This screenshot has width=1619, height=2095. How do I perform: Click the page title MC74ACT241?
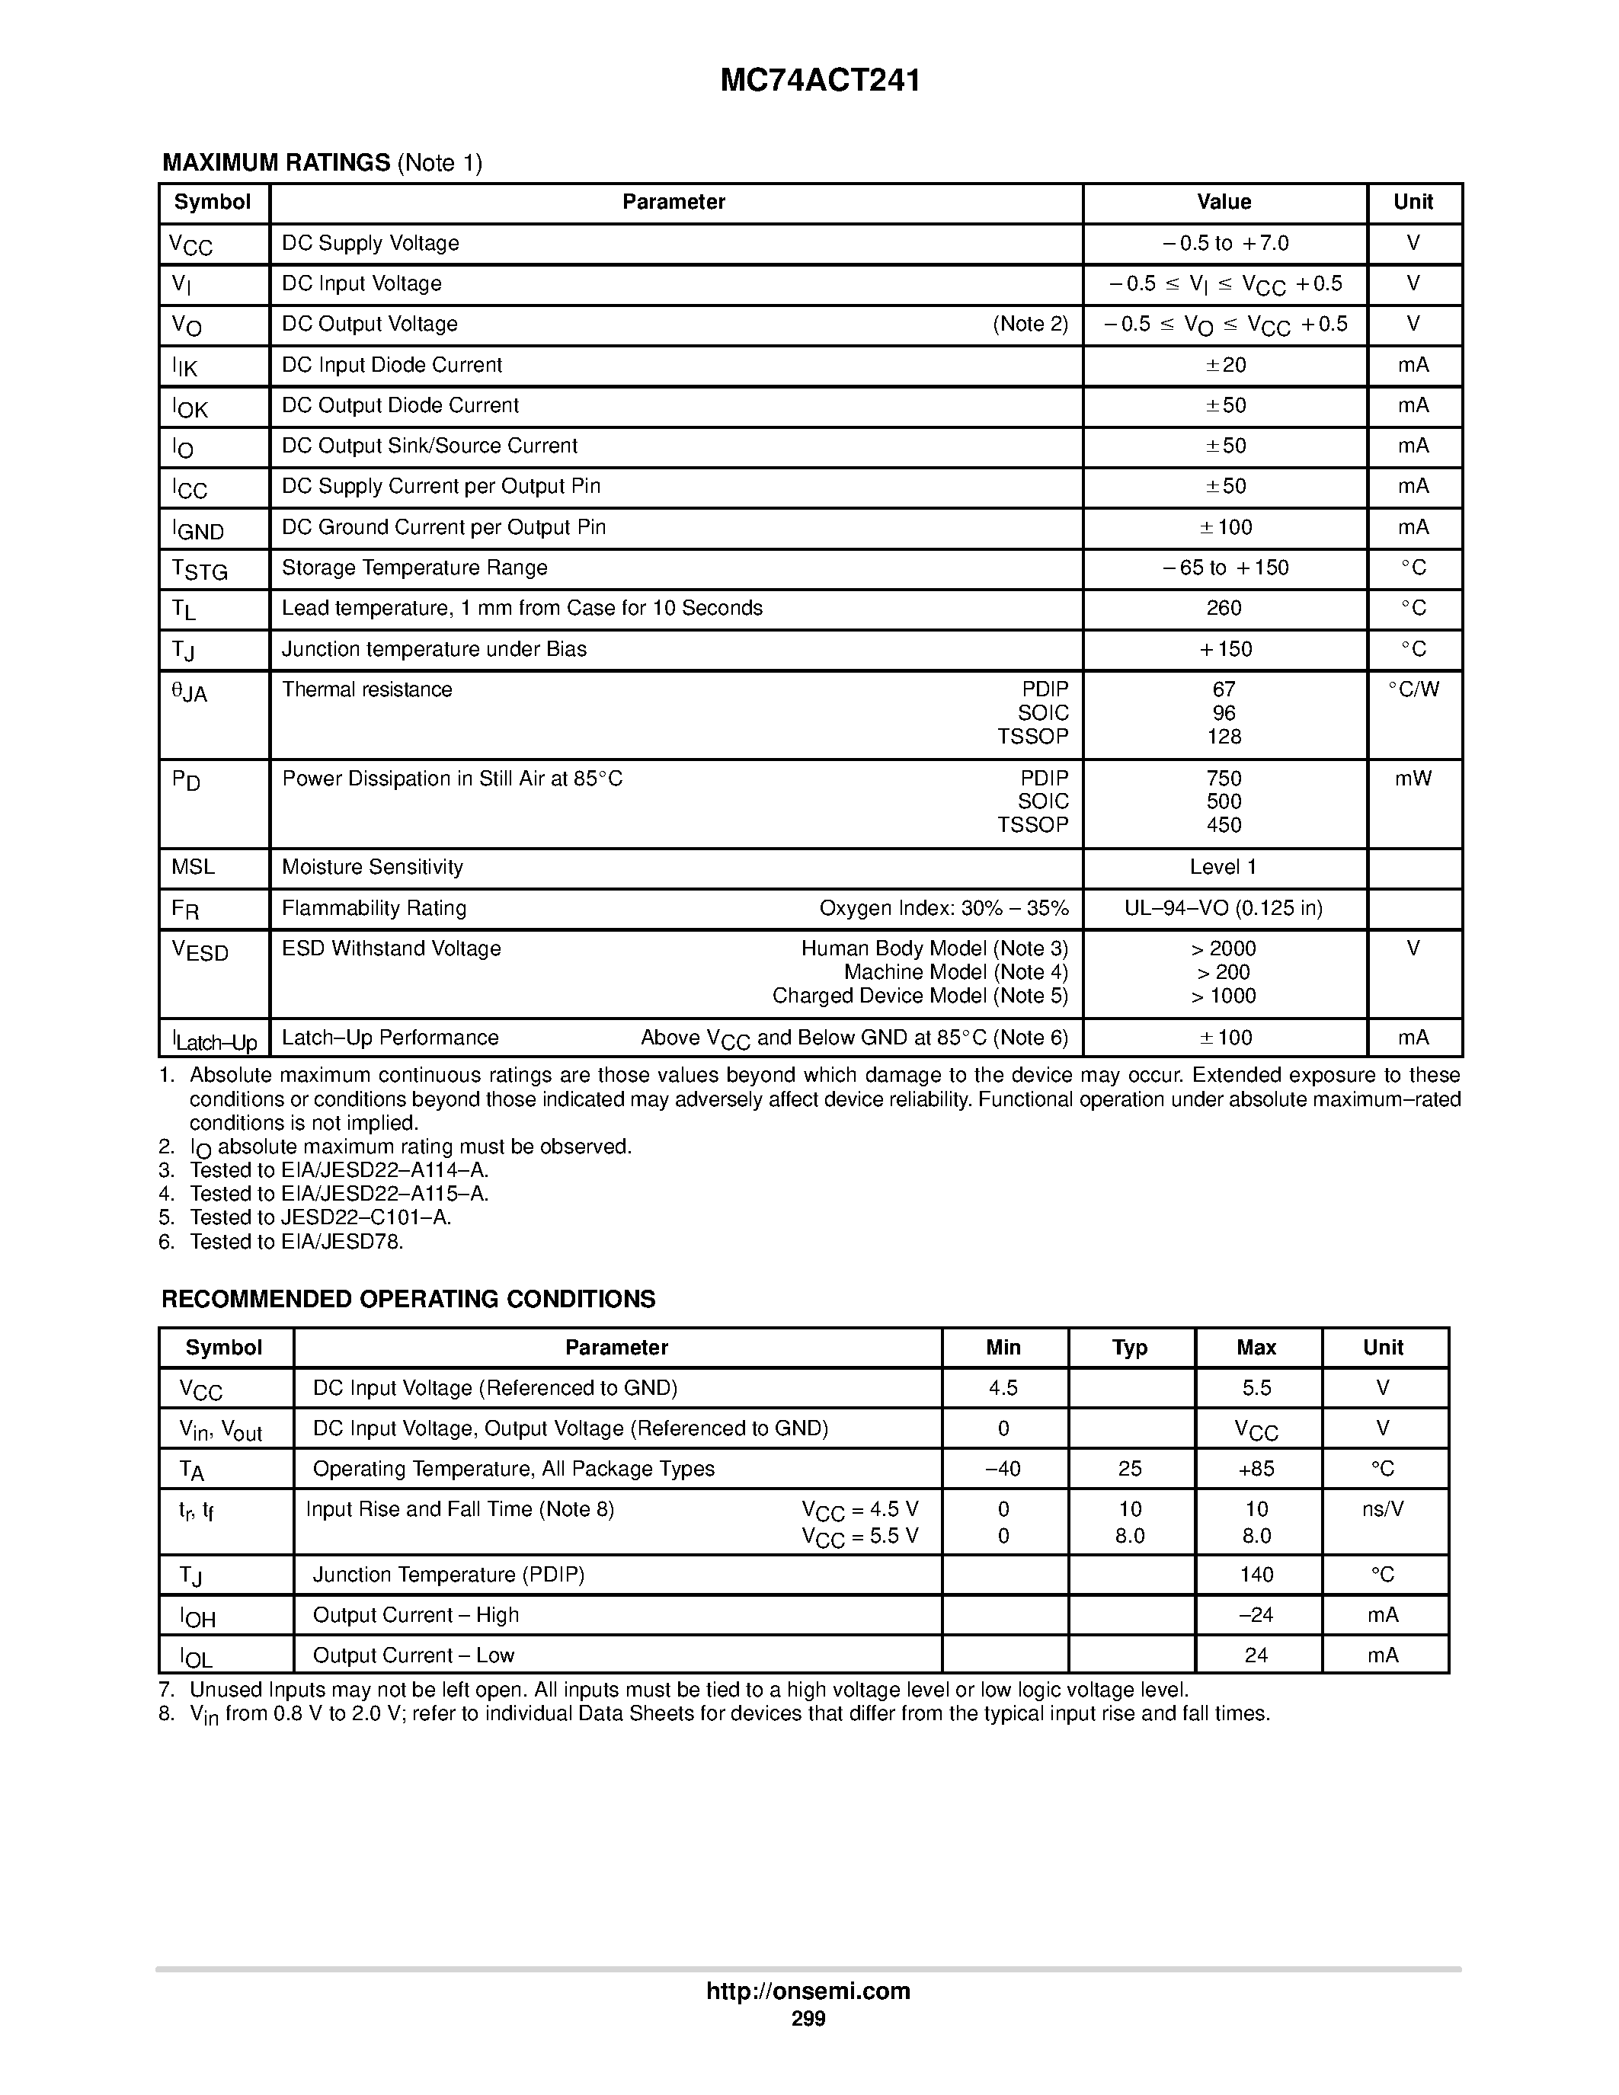[x=819, y=81]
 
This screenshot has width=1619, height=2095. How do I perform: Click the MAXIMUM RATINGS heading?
[x=277, y=163]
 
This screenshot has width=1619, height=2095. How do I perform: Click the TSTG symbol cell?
[x=200, y=570]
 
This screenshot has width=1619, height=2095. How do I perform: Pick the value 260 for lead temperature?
[x=1224, y=608]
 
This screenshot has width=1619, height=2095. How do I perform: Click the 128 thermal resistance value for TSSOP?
[x=1224, y=737]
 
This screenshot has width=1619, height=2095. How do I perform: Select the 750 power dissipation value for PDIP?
[x=1224, y=778]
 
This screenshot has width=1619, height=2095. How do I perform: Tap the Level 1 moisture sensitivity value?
[x=1223, y=867]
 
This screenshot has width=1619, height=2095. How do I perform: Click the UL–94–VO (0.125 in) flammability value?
[x=1223, y=908]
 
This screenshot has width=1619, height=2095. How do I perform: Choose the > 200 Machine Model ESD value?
[x=1223, y=972]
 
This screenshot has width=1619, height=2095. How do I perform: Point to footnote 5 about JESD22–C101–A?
[x=319, y=1217]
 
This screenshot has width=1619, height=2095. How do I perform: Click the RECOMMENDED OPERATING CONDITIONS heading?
[x=408, y=1299]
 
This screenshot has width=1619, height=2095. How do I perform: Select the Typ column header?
[x=1130, y=1348]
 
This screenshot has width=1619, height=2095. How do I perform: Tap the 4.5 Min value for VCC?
[x=1003, y=1388]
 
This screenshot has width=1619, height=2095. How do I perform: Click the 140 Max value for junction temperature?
[x=1256, y=1575]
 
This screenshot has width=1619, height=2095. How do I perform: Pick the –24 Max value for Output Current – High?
[x=1256, y=1615]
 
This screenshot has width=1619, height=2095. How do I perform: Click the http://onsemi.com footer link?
[x=808, y=1991]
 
